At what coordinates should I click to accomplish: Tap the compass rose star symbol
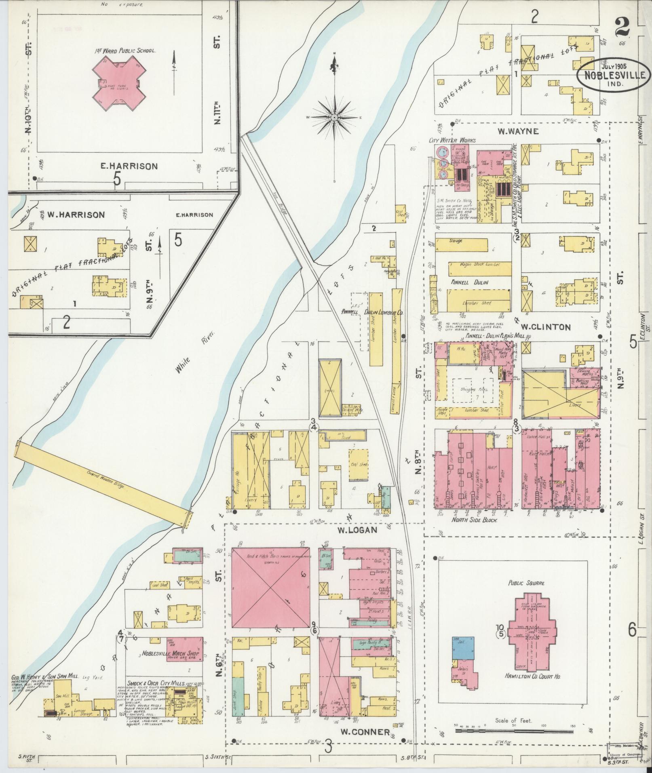(335, 117)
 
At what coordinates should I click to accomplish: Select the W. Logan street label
(357, 530)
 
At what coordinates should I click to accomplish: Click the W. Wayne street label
(518, 131)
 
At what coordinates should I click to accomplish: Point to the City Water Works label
(452, 140)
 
